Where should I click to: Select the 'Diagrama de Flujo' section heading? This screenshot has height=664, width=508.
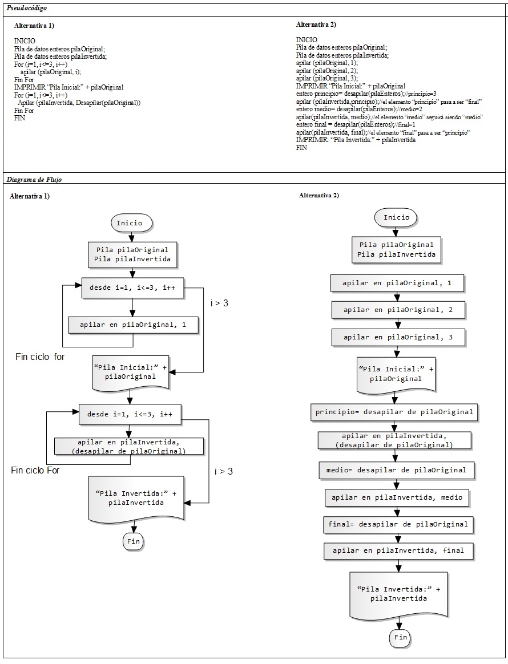point(34,180)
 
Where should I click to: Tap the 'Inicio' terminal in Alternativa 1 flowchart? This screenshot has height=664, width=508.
point(131,223)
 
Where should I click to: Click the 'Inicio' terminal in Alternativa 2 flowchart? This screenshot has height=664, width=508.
point(396,217)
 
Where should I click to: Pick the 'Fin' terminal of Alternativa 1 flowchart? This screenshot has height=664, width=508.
point(133,541)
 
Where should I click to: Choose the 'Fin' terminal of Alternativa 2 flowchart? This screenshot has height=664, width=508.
point(400,637)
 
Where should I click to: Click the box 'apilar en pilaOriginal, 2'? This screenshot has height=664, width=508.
point(398,310)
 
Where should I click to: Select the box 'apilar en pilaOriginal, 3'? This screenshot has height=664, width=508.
point(398,337)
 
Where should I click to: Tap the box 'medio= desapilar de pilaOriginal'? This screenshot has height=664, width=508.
point(396,470)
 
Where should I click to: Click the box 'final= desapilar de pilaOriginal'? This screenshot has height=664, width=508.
point(398,524)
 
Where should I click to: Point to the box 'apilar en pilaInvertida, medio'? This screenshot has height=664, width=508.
point(397,497)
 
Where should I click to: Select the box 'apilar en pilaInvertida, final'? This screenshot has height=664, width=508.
point(398,550)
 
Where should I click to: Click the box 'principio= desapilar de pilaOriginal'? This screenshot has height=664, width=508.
point(394,412)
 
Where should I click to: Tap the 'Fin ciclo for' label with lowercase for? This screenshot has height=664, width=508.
point(40,357)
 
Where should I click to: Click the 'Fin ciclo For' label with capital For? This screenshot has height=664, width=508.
point(35,470)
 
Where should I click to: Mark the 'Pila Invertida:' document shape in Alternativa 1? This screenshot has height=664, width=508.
point(136,499)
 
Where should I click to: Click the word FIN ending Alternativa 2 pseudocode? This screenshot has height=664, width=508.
point(301,148)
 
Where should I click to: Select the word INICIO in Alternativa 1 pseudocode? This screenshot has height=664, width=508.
point(25,41)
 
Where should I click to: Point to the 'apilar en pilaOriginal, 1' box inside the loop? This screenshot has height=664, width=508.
point(133,325)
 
